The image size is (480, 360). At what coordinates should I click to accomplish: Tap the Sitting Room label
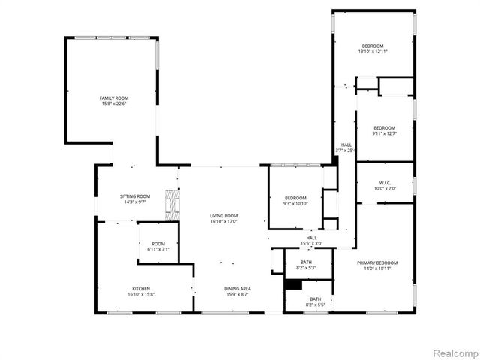coord(135,196)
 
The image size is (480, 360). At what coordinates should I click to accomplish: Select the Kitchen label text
coord(142,289)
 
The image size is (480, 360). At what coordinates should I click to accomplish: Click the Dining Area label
coord(237,289)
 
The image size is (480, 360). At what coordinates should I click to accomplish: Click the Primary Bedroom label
coord(376,262)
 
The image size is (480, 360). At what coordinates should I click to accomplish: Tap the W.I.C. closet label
coord(385,184)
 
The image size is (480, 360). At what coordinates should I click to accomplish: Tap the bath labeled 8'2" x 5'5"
coord(316,301)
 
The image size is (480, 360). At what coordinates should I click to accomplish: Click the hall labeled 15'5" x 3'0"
coord(310,240)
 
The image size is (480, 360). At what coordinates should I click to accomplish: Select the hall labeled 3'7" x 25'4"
coord(346,148)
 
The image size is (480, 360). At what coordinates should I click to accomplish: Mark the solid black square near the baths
coord(292,284)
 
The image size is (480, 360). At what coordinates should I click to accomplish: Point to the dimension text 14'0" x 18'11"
coord(376,268)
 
